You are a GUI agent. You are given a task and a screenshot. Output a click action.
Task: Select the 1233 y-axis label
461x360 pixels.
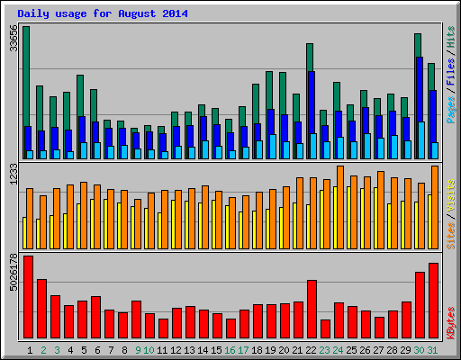pyautogui.click(x=13, y=175)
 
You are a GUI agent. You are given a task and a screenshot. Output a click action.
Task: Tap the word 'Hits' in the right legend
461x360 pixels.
pyautogui.click(x=450, y=36)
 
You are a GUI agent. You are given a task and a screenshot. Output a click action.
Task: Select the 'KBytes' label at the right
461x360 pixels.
pyautogui.click(x=450, y=321)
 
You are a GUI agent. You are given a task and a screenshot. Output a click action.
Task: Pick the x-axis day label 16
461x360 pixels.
pyautogui.click(x=230, y=349)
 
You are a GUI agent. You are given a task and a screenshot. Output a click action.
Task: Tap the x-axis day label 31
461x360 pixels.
pyautogui.click(x=433, y=349)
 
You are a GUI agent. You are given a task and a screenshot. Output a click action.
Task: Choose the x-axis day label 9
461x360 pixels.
pyautogui.click(x=137, y=349)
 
